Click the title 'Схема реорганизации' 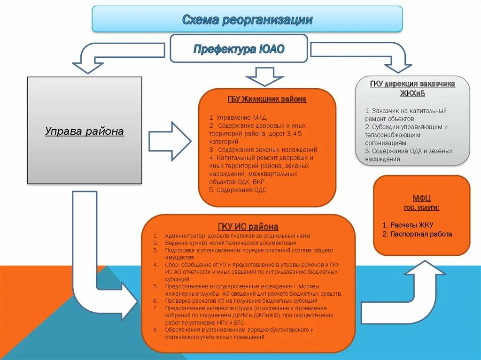pyautogui.click(x=247, y=20)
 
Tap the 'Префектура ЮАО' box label pyautogui.click(x=239, y=49)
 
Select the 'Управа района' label pyautogui.click(x=85, y=131)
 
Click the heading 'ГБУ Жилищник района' pyautogui.click(x=266, y=100)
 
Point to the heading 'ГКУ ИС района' pyautogui.click(x=248, y=227)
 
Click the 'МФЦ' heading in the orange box pyautogui.click(x=422, y=199)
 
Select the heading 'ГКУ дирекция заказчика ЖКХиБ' pyautogui.click(x=412, y=88)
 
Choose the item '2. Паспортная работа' pyautogui.click(x=417, y=234)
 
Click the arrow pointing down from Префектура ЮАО pyautogui.click(x=265, y=76)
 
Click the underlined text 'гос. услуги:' pyautogui.click(x=421, y=207)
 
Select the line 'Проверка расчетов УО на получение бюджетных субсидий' pyautogui.click(x=241, y=300)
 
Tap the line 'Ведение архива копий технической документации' pyautogui.click(x=230, y=243)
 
